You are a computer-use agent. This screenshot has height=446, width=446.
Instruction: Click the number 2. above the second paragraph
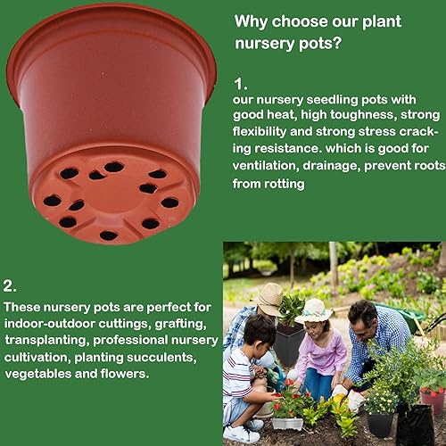coord(10,287)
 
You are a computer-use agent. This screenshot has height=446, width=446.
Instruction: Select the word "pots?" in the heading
coord(326,43)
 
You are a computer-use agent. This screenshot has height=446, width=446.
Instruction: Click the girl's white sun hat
coord(314,310)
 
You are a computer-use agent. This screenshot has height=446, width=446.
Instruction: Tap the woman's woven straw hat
coord(268,298)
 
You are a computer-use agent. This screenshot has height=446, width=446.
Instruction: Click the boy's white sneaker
coord(242,434)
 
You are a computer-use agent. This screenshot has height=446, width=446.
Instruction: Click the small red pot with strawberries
coord(432,398)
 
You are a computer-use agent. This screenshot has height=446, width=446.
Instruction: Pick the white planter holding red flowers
coord(287,422)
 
